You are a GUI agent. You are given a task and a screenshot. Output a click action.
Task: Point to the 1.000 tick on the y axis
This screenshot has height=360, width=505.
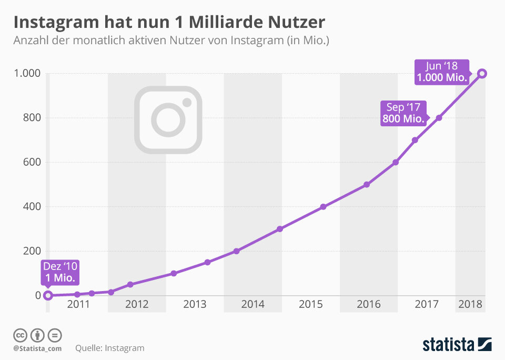[x=27, y=73]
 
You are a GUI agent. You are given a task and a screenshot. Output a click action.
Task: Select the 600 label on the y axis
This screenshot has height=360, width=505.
[x=31, y=162]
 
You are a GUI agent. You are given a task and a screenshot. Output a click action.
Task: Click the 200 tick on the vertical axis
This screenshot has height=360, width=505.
[x=31, y=251]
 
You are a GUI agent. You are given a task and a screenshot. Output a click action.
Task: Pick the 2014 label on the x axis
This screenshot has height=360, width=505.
[x=252, y=304]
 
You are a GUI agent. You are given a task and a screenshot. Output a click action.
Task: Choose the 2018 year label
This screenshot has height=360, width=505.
[x=470, y=304]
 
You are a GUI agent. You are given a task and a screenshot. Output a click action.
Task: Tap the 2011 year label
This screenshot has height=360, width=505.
[x=78, y=304]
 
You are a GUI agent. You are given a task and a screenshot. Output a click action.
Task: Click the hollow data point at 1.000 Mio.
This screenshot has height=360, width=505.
[x=482, y=74]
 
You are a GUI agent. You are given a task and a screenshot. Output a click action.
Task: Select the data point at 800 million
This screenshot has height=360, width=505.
[x=439, y=118]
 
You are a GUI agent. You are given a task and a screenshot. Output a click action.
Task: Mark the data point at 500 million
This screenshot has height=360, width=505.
[x=367, y=185]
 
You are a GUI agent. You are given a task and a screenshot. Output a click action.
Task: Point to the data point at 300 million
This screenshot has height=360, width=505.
[x=280, y=229]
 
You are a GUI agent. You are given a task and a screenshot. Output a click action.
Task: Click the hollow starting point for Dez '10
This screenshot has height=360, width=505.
[x=48, y=295]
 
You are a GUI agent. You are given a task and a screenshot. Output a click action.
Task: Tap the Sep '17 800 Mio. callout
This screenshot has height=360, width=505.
[x=403, y=113]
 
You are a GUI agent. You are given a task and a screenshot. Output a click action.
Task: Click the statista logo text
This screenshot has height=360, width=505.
[x=449, y=345]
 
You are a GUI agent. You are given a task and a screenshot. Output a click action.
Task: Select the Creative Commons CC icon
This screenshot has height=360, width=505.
[x=20, y=335]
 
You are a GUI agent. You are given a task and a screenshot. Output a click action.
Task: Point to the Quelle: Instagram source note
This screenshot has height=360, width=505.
[x=109, y=348]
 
